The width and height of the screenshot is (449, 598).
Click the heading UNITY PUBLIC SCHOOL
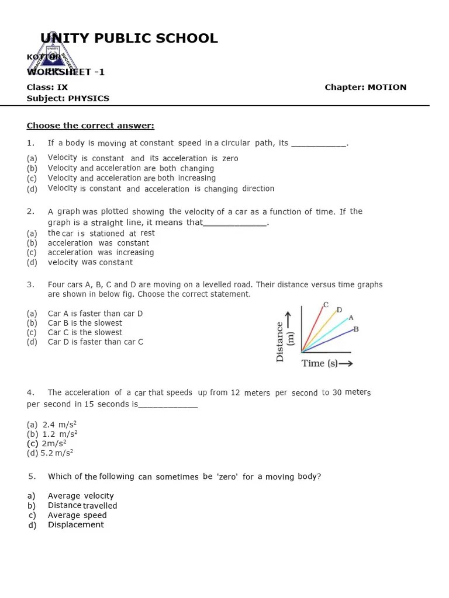[129, 39]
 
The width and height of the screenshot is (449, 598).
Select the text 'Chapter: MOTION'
[365, 87]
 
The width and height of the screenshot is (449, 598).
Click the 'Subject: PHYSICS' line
[68, 98]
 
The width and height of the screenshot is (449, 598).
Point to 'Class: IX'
[47, 87]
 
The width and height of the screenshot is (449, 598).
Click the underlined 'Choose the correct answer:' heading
[91, 126]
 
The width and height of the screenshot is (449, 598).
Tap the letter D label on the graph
[339, 310]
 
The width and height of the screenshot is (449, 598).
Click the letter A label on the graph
[351, 318]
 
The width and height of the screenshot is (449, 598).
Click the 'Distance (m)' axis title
[283, 342]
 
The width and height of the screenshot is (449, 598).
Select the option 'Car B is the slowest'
[85, 323]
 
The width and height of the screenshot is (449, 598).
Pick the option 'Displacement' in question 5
[75, 524]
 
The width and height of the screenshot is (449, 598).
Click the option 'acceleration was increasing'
[101, 252]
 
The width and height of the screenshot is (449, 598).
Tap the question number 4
[30, 392]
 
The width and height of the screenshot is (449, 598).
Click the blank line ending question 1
[319, 143]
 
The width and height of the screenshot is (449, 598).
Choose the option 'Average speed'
[77, 515]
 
